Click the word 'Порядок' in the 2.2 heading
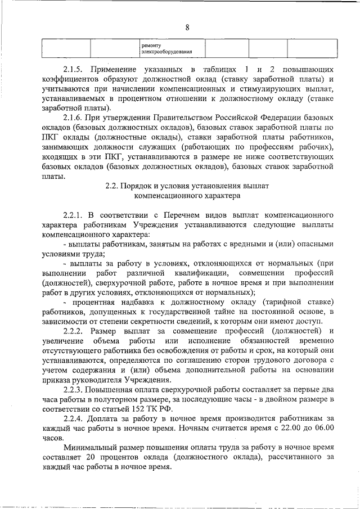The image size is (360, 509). click(140, 185)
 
